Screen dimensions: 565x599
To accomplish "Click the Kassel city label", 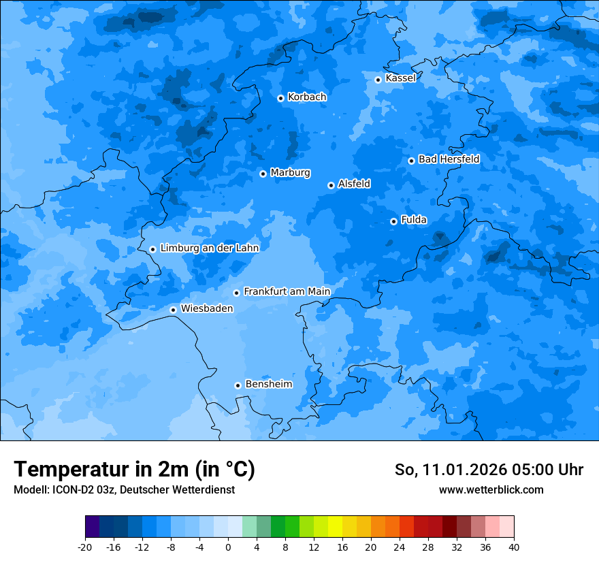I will click(x=400, y=78).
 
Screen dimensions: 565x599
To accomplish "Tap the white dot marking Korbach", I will click(x=280, y=98).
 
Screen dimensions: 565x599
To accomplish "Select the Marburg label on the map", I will click(x=290, y=173).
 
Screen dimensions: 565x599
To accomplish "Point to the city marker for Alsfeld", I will click(x=331, y=185).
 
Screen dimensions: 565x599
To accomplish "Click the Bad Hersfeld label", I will click(x=449, y=159).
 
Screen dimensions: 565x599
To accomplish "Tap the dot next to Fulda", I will click(x=393, y=221).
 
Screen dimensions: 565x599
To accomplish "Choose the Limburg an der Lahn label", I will click(x=210, y=248).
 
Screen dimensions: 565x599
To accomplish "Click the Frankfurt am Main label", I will click(x=287, y=291).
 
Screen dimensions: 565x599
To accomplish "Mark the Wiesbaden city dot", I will click(x=173, y=310).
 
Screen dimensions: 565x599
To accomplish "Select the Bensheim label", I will click(x=268, y=384).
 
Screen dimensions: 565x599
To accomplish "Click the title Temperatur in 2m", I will click(x=134, y=470).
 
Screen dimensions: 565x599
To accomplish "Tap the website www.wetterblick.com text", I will click(x=491, y=490).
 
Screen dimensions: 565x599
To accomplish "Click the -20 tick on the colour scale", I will click(x=85, y=547).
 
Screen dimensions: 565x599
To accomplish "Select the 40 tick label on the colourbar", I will click(x=514, y=547).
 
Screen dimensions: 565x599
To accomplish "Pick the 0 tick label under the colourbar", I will click(x=228, y=547).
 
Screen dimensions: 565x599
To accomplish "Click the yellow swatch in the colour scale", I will click(x=335, y=527).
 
